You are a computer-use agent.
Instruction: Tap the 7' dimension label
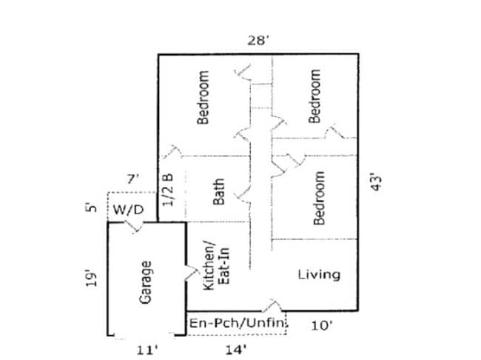coord(132,179)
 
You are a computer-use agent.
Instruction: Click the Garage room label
coord(146,281)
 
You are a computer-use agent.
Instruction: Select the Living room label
coord(319,275)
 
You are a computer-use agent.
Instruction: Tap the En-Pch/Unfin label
coord(235,324)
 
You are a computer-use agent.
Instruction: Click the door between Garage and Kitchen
coord(185,273)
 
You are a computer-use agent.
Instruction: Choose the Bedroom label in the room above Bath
coord(204,96)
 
